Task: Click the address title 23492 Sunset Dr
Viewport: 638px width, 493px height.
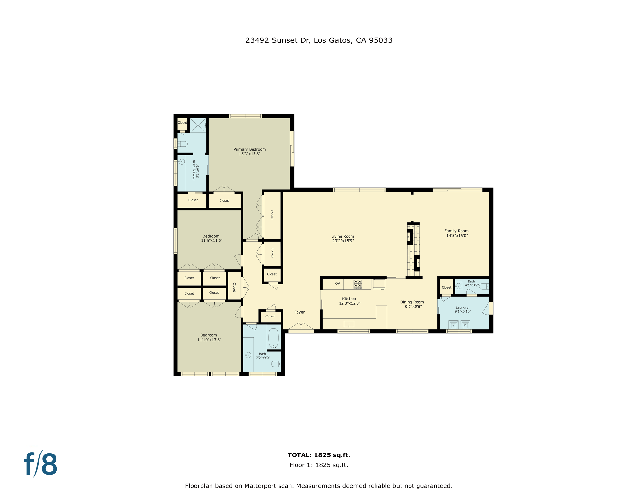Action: pos(319,40)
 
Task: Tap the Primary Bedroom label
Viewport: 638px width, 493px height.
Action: pos(249,149)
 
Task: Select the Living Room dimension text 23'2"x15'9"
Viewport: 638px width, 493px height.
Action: pos(343,241)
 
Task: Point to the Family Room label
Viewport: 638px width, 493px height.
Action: pos(456,231)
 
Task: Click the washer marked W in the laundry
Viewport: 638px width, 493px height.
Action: pos(453,325)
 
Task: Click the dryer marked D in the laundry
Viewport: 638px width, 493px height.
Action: pos(465,325)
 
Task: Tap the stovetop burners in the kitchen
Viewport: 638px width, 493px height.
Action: pos(358,284)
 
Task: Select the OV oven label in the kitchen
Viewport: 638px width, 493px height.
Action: pos(337,284)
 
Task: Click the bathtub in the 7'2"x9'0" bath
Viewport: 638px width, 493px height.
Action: pos(273,338)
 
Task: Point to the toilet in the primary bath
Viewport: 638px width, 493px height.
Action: pos(182,144)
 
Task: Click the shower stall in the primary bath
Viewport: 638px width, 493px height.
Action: pos(198,125)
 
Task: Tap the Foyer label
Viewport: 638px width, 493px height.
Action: pos(299,312)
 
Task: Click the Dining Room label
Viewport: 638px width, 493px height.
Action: pos(412,302)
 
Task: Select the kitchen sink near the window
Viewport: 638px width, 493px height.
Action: pos(349,324)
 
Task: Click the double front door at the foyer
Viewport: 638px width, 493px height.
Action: pos(301,327)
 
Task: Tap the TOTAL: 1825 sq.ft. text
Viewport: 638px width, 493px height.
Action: pos(319,455)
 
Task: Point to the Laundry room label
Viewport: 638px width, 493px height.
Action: pos(462,307)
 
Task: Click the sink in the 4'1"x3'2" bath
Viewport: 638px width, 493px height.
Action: pos(459,286)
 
